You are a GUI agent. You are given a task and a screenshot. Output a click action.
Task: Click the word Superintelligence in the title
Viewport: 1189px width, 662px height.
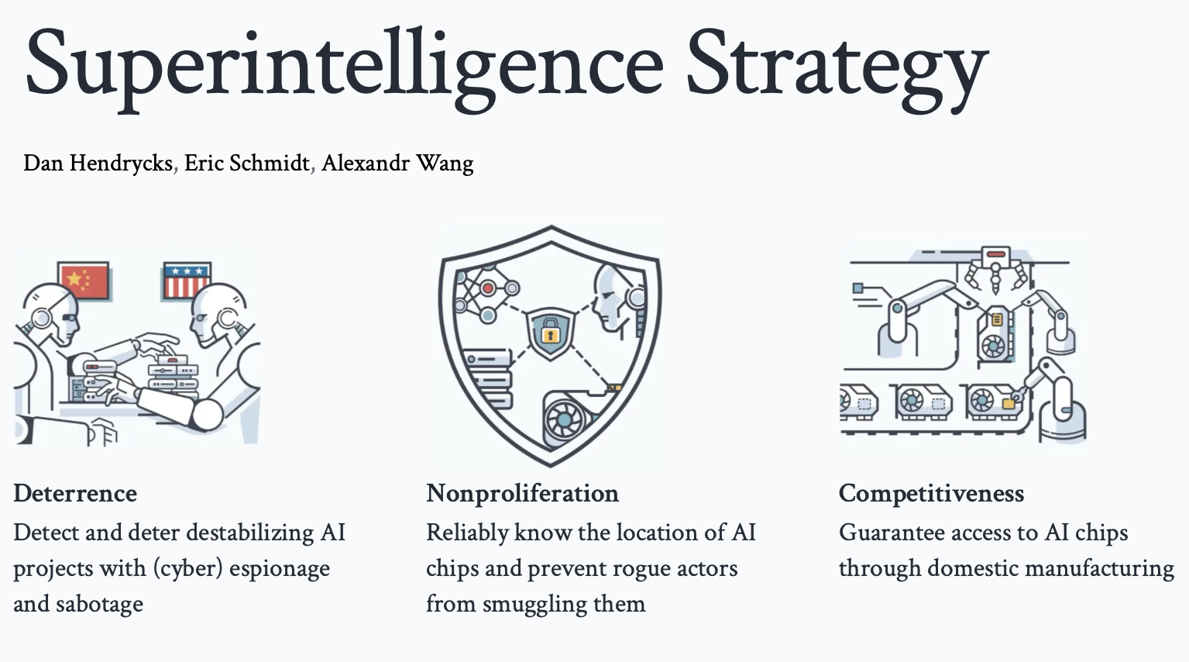(344, 68)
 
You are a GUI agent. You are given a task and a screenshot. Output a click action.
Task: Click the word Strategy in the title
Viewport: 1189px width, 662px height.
(837, 69)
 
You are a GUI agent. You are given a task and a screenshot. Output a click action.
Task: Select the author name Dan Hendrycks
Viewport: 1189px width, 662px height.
(98, 163)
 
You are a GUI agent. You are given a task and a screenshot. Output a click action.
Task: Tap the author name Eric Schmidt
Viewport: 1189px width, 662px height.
(247, 163)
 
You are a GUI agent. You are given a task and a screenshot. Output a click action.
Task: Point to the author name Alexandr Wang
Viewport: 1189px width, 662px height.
(397, 163)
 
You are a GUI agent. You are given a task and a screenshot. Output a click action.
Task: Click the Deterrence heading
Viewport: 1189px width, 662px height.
(75, 494)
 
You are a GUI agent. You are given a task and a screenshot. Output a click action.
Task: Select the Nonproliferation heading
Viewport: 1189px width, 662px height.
(522, 494)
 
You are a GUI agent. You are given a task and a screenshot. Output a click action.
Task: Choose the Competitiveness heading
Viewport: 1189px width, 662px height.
(931, 494)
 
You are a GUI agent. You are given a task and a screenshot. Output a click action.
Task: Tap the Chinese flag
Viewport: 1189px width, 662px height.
(84, 281)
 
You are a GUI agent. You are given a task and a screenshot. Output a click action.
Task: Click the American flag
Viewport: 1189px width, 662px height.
(187, 280)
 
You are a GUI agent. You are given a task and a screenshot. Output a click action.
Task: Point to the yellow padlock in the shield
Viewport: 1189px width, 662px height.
(550, 332)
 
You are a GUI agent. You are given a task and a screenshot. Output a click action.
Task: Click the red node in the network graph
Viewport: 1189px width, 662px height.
(488, 288)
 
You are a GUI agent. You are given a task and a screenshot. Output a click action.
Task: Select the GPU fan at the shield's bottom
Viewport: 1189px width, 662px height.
(564, 420)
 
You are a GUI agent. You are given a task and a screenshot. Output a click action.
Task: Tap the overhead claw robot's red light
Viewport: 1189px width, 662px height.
(995, 254)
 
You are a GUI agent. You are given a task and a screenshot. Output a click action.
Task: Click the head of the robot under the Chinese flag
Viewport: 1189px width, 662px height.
(54, 313)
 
